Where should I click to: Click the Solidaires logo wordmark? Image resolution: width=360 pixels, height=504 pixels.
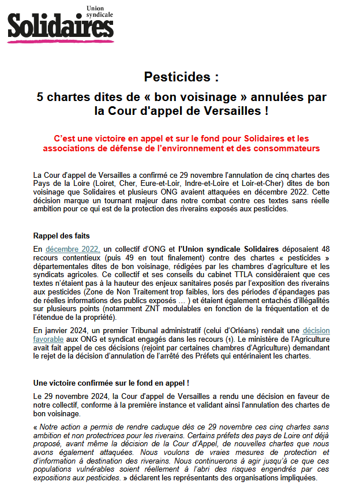pyautogui.click(x=60, y=26)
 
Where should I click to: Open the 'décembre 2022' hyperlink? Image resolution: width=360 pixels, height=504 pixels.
pyautogui.click(x=73, y=249)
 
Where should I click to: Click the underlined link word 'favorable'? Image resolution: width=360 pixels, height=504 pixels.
pyautogui.click(x=52, y=339)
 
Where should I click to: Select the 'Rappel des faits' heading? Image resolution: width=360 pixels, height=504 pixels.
pyautogui.click(x=61, y=236)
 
